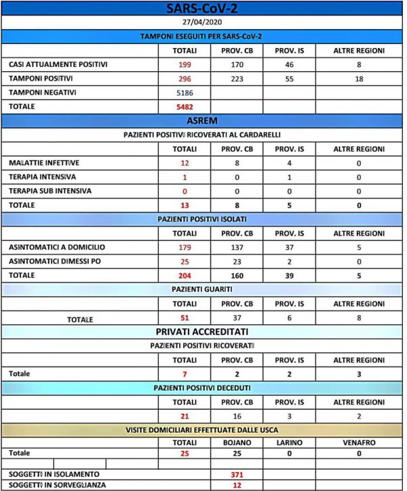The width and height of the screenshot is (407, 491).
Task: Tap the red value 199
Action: point(185,65)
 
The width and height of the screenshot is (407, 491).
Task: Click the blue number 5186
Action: point(185,93)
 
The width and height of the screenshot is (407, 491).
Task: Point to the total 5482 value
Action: point(185,107)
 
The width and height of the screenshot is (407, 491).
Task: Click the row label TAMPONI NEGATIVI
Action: point(42,93)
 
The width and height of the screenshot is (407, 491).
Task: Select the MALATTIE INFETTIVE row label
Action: point(44,163)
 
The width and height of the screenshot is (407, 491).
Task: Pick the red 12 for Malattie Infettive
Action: point(185,163)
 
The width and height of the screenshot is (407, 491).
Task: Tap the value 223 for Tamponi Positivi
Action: point(237,79)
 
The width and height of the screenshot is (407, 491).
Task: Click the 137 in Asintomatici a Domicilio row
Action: point(237,247)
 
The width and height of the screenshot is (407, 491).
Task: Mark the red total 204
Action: point(185,276)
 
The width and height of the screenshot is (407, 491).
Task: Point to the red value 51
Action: point(185,318)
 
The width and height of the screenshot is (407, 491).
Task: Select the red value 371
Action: point(237,475)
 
